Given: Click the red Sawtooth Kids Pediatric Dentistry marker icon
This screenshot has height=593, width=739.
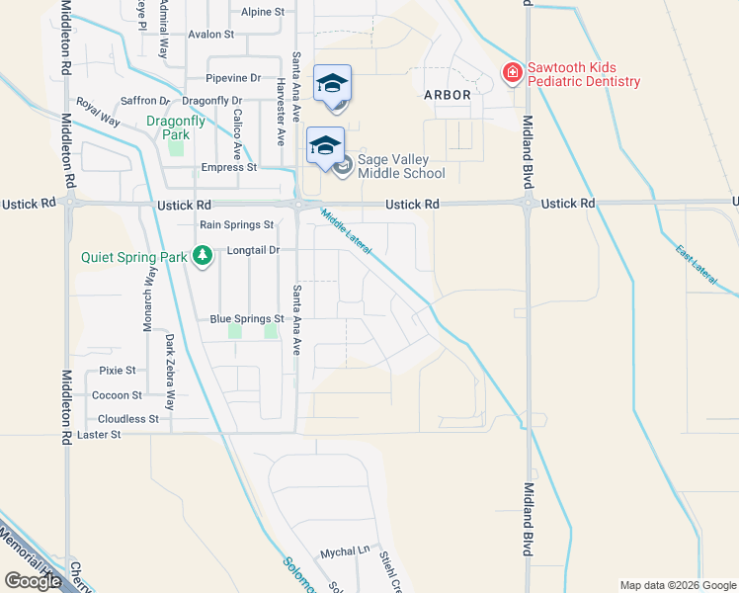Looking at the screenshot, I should [512, 74].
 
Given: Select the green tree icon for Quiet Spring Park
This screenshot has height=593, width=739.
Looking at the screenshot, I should [203, 257].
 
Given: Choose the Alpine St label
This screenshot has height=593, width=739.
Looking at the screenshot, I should [263, 12].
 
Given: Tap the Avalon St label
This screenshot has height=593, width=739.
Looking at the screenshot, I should [210, 34].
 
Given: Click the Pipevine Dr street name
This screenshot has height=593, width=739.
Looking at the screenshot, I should [234, 77].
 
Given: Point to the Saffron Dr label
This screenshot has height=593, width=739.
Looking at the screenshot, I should [145, 101].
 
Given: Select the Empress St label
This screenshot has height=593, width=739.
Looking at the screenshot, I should [228, 167].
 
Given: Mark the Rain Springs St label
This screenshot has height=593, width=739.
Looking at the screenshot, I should [236, 224].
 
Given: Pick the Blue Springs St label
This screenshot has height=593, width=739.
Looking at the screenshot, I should [247, 319].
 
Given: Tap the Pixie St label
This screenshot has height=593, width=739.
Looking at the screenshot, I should [118, 371].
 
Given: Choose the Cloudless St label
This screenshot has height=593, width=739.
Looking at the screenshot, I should [128, 419].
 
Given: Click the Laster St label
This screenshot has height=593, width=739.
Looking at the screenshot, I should [99, 434].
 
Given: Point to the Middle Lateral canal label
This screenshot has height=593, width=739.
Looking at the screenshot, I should [346, 233].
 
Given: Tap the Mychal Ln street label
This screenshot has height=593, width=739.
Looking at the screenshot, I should [344, 551].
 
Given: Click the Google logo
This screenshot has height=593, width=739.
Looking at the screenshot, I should [33, 581].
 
